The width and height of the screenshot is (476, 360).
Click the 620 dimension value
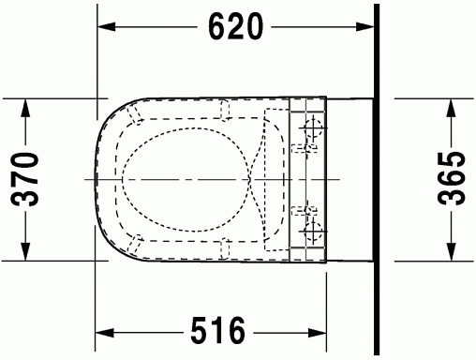tap(236, 26)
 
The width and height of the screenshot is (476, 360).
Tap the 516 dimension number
tap(218, 330)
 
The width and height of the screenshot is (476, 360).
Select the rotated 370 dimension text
tap(24, 179)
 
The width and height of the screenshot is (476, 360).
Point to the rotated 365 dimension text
tap(452, 178)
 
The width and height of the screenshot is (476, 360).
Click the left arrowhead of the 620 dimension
tap(107, 27)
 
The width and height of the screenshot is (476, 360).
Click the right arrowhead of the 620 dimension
tap(364, 27)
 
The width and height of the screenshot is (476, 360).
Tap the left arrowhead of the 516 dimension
tap(105, 333)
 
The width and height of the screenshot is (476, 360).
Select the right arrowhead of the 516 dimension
tap(318, 333)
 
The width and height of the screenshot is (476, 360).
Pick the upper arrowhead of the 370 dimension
tap(25, 108)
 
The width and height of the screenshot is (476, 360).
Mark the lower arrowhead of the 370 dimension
tap(25, 251)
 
